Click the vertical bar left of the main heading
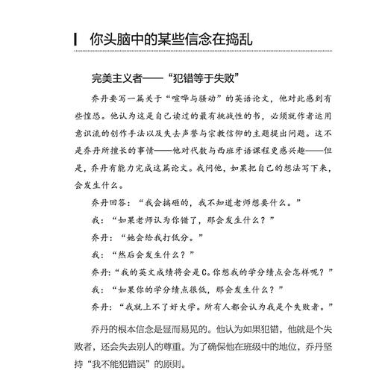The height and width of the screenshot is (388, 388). (68, 39)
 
